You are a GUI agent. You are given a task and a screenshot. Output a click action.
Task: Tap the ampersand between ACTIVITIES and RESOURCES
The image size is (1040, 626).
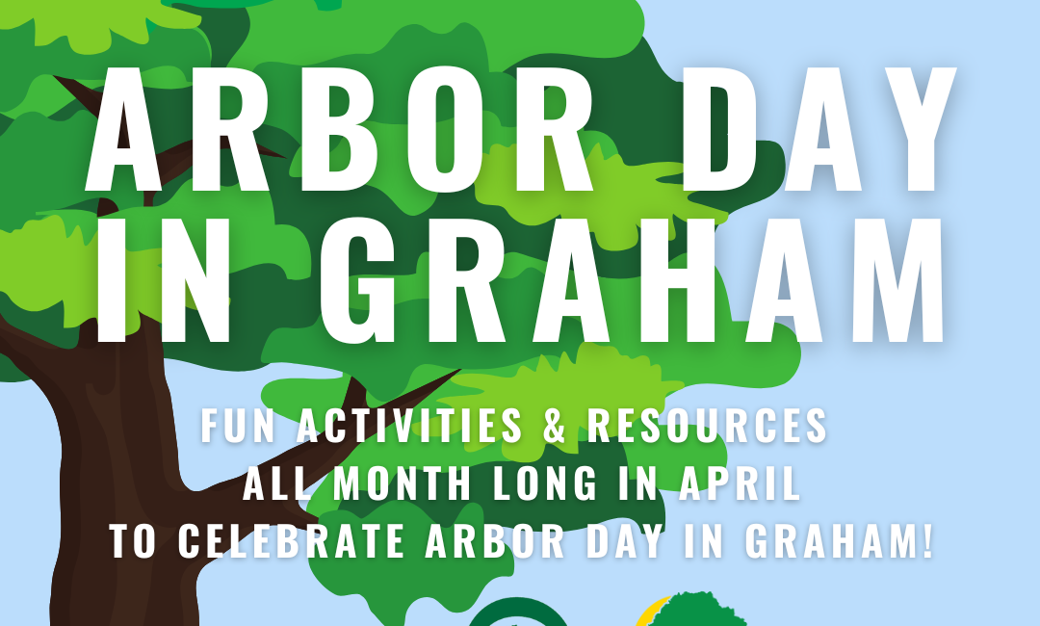click(x=555, y=425)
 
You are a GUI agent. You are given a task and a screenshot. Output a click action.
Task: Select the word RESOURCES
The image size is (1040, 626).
click(x=707, y=425)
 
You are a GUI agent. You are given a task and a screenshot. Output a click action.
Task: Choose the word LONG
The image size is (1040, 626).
click(x=544, y=483)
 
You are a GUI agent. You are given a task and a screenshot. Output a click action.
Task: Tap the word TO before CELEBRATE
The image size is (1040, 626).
click(x=133, y=541)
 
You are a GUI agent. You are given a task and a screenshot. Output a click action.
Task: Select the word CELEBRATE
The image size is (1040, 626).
click(x=291, y=541)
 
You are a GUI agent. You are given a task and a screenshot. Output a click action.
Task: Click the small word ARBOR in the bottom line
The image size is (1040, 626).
click(x=495, y=541)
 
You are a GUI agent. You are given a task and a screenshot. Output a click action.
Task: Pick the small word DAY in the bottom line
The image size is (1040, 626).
click(x=625, y=541)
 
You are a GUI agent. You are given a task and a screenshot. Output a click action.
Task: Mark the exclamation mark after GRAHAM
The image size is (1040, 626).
click(x=927, y=541)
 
